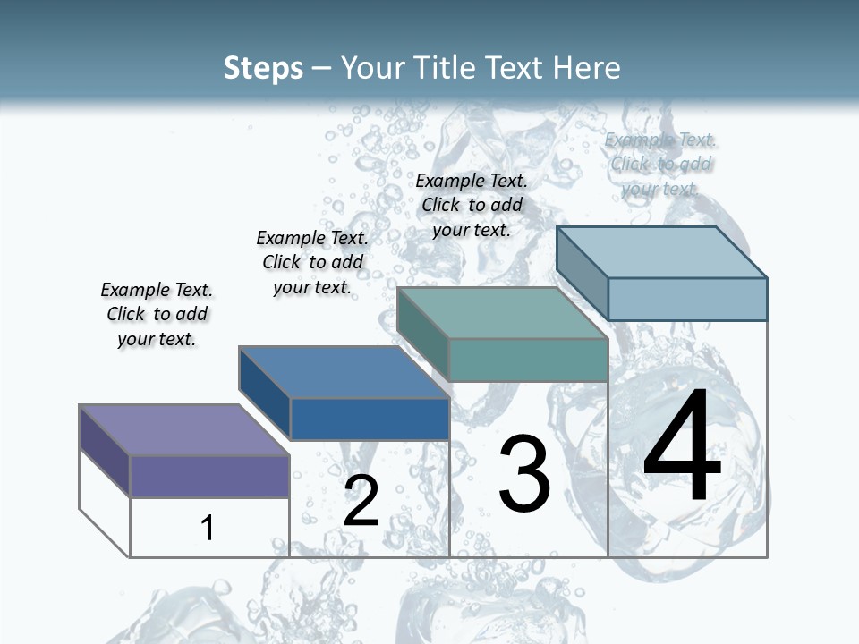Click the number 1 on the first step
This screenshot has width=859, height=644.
pyautogui.click(x=208, y=528)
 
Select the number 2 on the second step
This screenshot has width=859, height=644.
pyautogui.click(x=361, y=501)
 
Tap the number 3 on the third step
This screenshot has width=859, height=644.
pyautogui.click(x=524, y=474)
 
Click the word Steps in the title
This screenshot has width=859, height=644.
pyautogui.click(x=263, y=68)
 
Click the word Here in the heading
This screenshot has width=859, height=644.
pyautogui.click(x=587, y=68)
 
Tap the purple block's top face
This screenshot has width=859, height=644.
pyautogui.click(x=183, y=430)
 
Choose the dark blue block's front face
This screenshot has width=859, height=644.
pyautogui.click(x=370, y=419)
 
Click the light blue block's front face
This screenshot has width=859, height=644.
pyautogui.click(x=687, y=299)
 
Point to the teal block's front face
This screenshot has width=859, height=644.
pyautogui.click(x=528, y=360)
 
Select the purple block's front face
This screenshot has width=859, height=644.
pyautogui.click(x=209, y=476)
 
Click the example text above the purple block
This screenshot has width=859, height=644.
pyautogui.click(x=157, y=314)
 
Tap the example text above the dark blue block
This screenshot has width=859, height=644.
pyautogui.click(x=312, y=262)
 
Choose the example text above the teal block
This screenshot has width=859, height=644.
pyautogui.click(x=472, y=205)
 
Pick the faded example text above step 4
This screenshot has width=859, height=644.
pyautogui.click(x=660, y=164)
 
